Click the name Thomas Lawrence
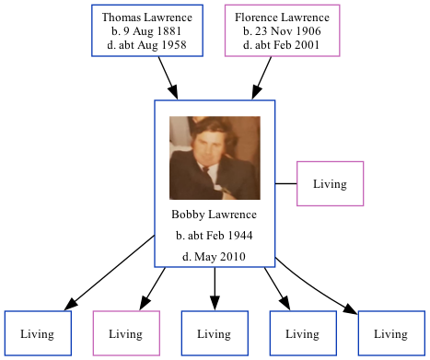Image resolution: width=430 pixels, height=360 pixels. click(x=147, y=17)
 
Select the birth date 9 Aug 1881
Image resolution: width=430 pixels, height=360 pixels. click(x=147, y=30)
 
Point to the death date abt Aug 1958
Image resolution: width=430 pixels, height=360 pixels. click(x=147, y=44)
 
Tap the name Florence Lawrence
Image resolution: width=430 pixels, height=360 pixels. click(x=282, y=17)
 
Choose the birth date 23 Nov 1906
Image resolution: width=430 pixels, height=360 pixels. click(x=282, y=30)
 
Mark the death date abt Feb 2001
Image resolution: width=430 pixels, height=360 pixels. click(x=282, y=44)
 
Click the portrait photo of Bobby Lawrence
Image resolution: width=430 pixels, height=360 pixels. click(x=215, y=157)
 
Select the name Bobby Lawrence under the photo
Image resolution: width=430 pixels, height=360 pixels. click(x=214, y=215)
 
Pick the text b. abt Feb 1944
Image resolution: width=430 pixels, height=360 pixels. click(x=214, y=236)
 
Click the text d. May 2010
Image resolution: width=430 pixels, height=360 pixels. click(x=214, y=257)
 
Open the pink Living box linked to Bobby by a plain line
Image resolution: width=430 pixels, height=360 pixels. click(x=330, y=183)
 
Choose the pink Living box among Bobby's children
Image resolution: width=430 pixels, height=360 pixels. click(x=126, y=333)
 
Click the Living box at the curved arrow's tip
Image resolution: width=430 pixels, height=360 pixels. click(x=391, y=333)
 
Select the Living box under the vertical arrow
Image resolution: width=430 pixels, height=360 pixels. click(x=215, y=333)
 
